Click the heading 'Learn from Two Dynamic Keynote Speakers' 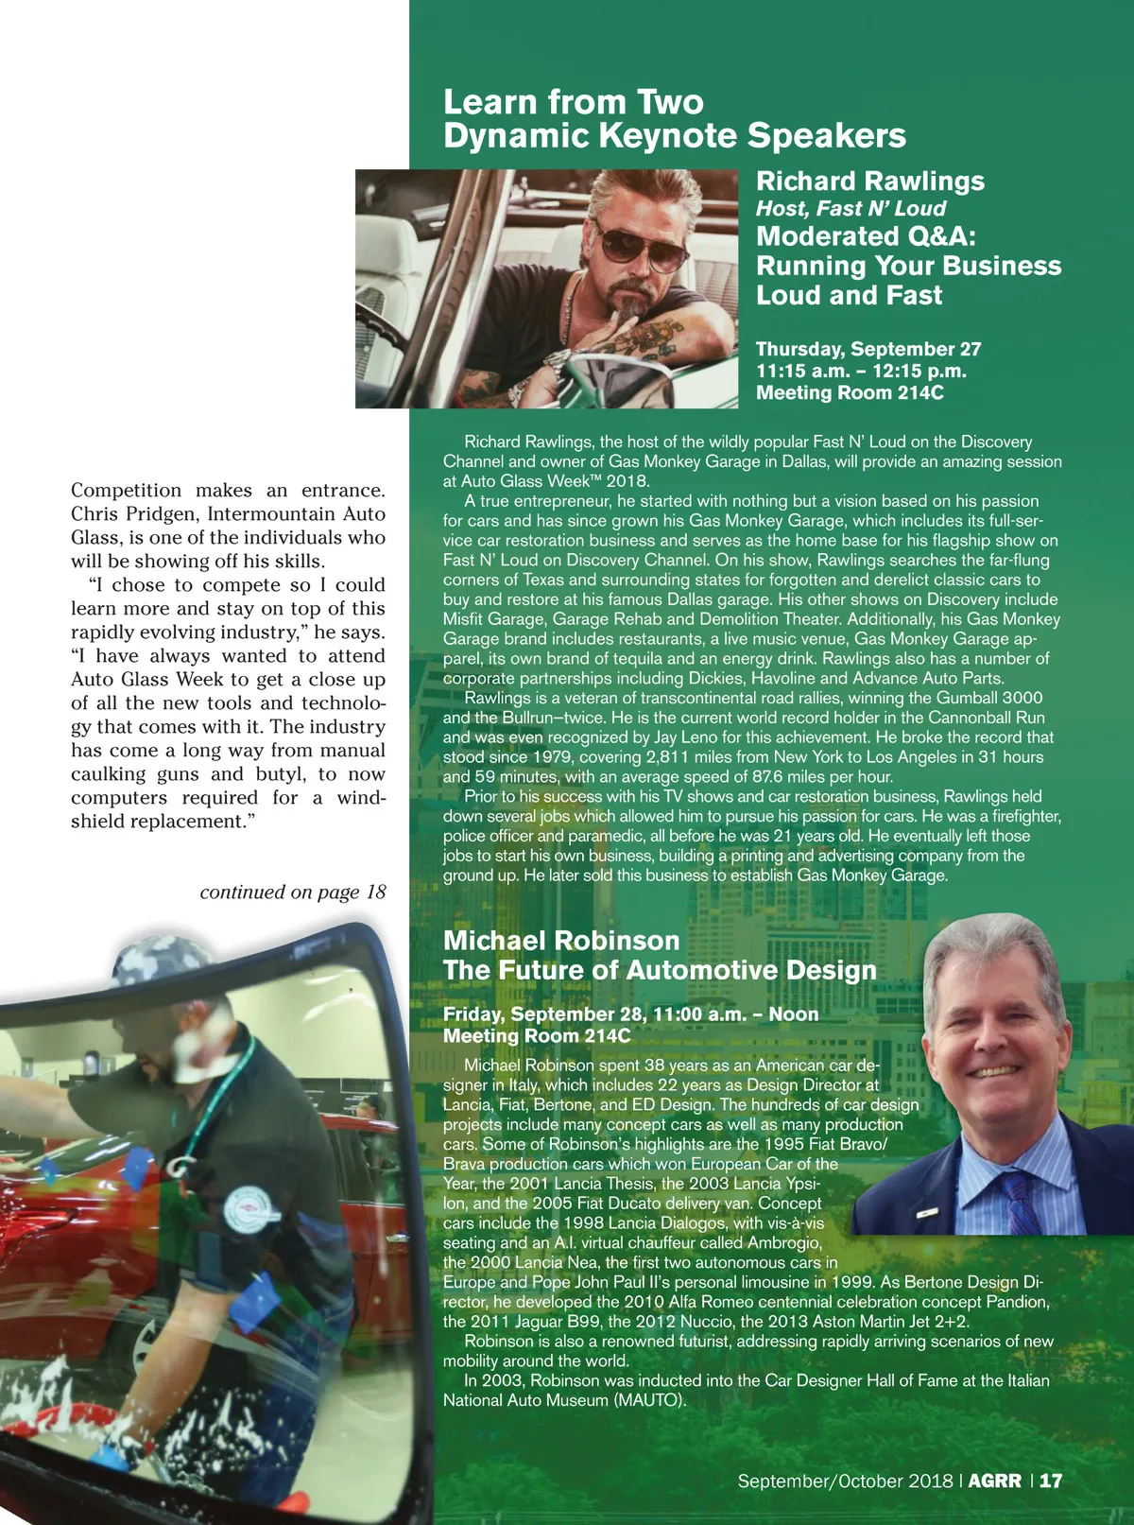pos(674,119)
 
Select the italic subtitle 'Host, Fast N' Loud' pos(850,209)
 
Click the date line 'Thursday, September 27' pos(868,350)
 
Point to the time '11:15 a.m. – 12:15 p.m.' pos(860,372)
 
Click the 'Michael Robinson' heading pos(561,941)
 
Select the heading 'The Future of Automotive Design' pos(659,971)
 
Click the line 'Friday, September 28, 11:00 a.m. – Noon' pos(630,1014)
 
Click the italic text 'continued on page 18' pos(293,892)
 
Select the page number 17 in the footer pos(1051,1481)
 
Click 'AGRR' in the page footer pos(994,1481)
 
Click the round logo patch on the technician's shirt pos(247,1210)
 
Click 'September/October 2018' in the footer pos(845,1481)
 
